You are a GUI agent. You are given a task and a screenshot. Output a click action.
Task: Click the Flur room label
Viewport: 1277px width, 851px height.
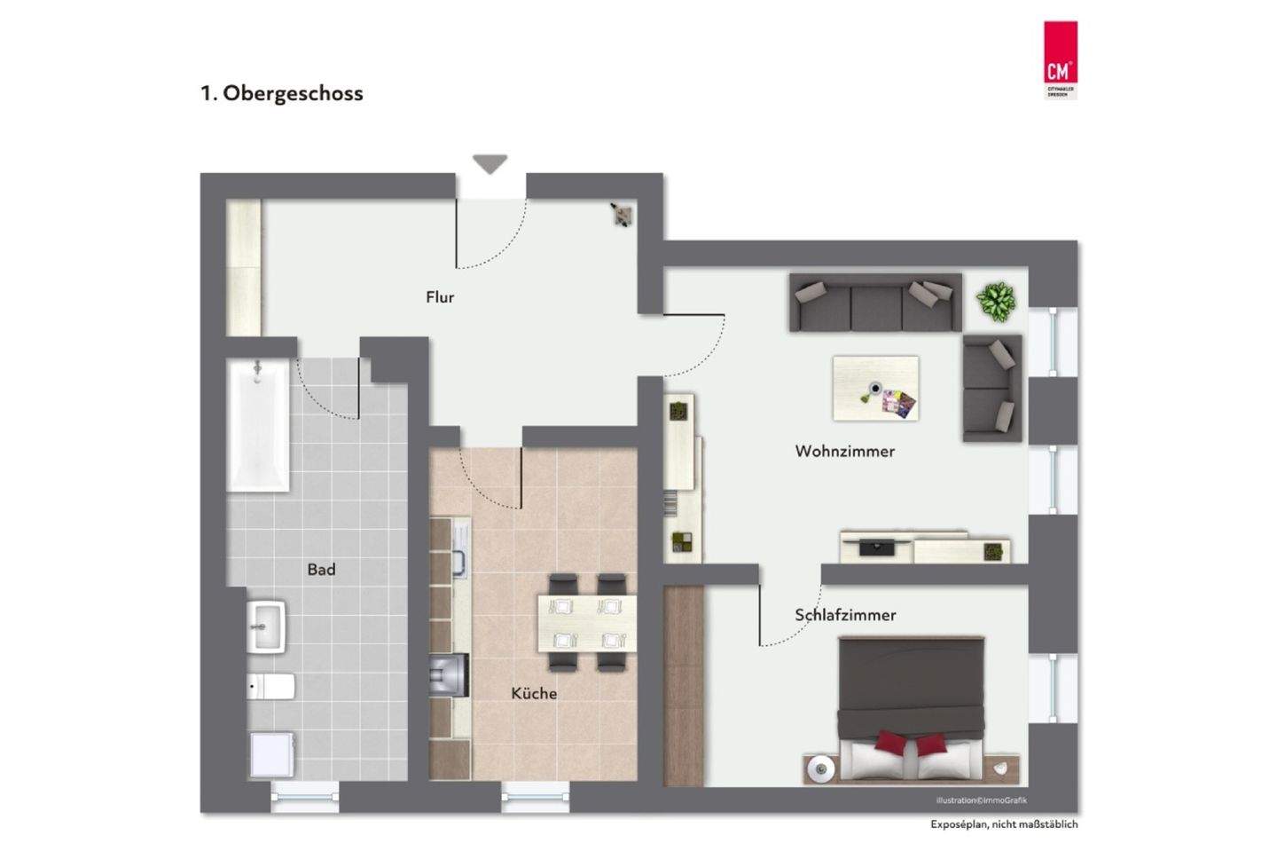click(440, 297)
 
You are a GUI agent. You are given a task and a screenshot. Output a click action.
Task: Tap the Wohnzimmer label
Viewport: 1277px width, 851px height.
click(844, 451)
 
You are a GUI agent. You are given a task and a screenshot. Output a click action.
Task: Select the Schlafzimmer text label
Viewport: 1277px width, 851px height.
click(845, 614)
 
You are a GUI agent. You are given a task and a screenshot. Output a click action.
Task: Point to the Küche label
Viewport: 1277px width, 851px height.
click(534, 693)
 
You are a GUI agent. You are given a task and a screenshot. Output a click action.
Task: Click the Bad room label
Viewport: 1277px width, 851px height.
click(321, 569)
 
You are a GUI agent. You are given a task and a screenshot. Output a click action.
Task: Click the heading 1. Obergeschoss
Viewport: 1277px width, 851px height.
click(282, 93)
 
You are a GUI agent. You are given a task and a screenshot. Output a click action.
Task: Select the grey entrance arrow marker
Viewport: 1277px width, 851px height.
click(490, 163)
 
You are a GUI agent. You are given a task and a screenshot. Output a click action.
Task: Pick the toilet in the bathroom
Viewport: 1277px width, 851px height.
click(271, 686)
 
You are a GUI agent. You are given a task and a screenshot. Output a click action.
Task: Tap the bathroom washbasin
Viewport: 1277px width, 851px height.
click(266, 625)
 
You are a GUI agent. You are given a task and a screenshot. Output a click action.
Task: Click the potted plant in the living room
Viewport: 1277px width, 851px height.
click(997, 301)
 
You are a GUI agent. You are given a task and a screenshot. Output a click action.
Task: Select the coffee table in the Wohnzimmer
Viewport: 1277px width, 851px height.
click(875, 388)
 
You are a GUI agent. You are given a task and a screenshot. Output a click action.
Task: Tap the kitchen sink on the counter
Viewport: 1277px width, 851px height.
click(460, 563)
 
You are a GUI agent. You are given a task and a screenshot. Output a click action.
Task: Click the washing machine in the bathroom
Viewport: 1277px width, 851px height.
click(271, 753)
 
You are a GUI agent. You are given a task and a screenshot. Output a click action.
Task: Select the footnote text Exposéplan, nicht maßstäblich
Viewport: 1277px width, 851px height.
click(1004, 824)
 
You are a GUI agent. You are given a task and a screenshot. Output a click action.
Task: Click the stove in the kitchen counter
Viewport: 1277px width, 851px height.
click(450, 673)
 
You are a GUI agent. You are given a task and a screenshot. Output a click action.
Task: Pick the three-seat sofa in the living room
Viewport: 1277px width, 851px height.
click(875, 302)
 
